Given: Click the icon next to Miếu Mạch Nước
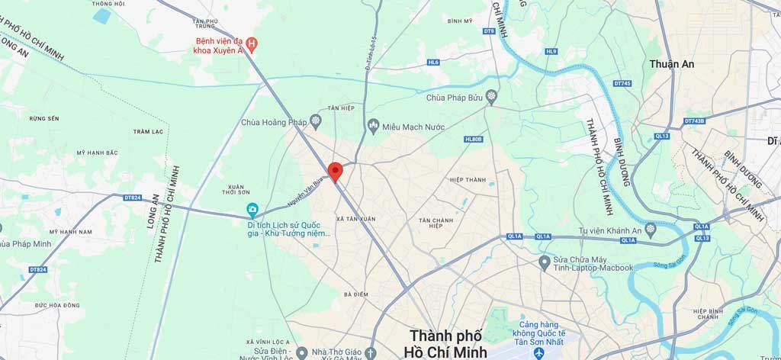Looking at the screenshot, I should pyautogui.click(x=373, y=125).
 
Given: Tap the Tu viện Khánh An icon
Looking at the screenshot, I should pyautogui.click(x=650, y=229).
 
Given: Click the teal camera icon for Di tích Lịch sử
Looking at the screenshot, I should pyautogui.click(x=252, y=210).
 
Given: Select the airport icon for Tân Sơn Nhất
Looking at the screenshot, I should pyautogui.click(x=539, y=353).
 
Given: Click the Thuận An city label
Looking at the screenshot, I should pyautogui.click(x=671, y=64).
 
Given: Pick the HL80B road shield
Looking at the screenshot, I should pyautogui.click(x=474, y=140).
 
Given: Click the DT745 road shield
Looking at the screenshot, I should pyautogui.click(x=622, y=84).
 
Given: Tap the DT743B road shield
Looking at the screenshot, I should pyautogui.click(x=694, y=121).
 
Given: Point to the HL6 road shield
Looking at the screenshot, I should pyautogui.click(x=432, y=62).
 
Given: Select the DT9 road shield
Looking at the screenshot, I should pyautogui.click(x=489, y=31).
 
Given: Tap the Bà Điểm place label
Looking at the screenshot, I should pyautogui.click(x=356, y=294).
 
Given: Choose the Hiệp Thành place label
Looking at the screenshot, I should pyautogui.click(x=468, y=180).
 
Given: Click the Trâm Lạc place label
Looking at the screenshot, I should pyautogui.click(x=147, y=131).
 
